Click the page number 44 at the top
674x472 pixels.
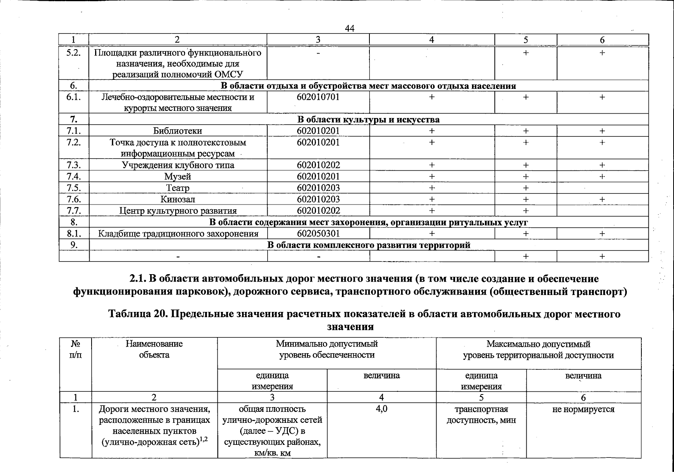tap(349, 28)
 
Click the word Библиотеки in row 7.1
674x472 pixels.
tap(178, 131)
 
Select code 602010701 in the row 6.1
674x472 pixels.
tap(318, 97)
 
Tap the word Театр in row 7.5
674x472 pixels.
tap(178, 188)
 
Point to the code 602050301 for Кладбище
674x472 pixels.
tap(318, 234)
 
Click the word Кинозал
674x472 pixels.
tap(178, 199)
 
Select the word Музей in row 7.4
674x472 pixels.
tap(178, 177)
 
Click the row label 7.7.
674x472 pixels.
tap(74, 211)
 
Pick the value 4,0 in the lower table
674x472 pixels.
tap(381, 409)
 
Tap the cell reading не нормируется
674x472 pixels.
tap(583, 409)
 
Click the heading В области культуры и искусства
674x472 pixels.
tap(368, 120)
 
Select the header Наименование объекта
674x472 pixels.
tap(154, 349)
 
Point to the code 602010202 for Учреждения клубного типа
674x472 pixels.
tap(318, 165)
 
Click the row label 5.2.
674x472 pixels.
tap(73, 53)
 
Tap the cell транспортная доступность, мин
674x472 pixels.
tap(481, 415)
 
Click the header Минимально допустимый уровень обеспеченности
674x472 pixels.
tap(327, 349)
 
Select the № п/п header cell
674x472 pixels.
tap(75, 349)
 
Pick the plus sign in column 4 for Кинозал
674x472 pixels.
tap(432, 199)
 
